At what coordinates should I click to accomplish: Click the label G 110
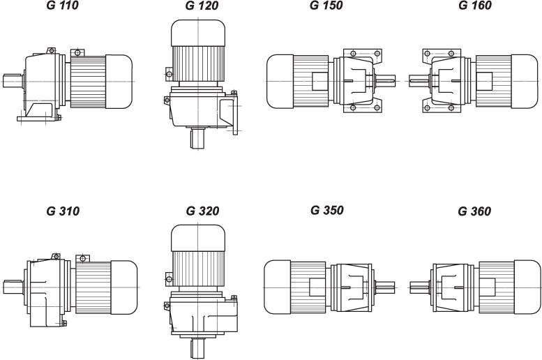click(x=62, y=6)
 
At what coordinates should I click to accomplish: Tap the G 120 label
click(x=202, y=6)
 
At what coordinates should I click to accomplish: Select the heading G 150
click(x=326, y=6)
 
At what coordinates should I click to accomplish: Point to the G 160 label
click(x=475, y=6)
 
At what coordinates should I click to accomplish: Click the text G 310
click(x=63, y=211)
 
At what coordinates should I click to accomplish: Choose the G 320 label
click(x=202, y=211)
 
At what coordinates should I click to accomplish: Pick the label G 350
click(x=327, y=210)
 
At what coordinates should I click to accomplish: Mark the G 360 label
click(x=474, y=211)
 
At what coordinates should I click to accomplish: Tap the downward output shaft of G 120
click(x=197, y=138)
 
